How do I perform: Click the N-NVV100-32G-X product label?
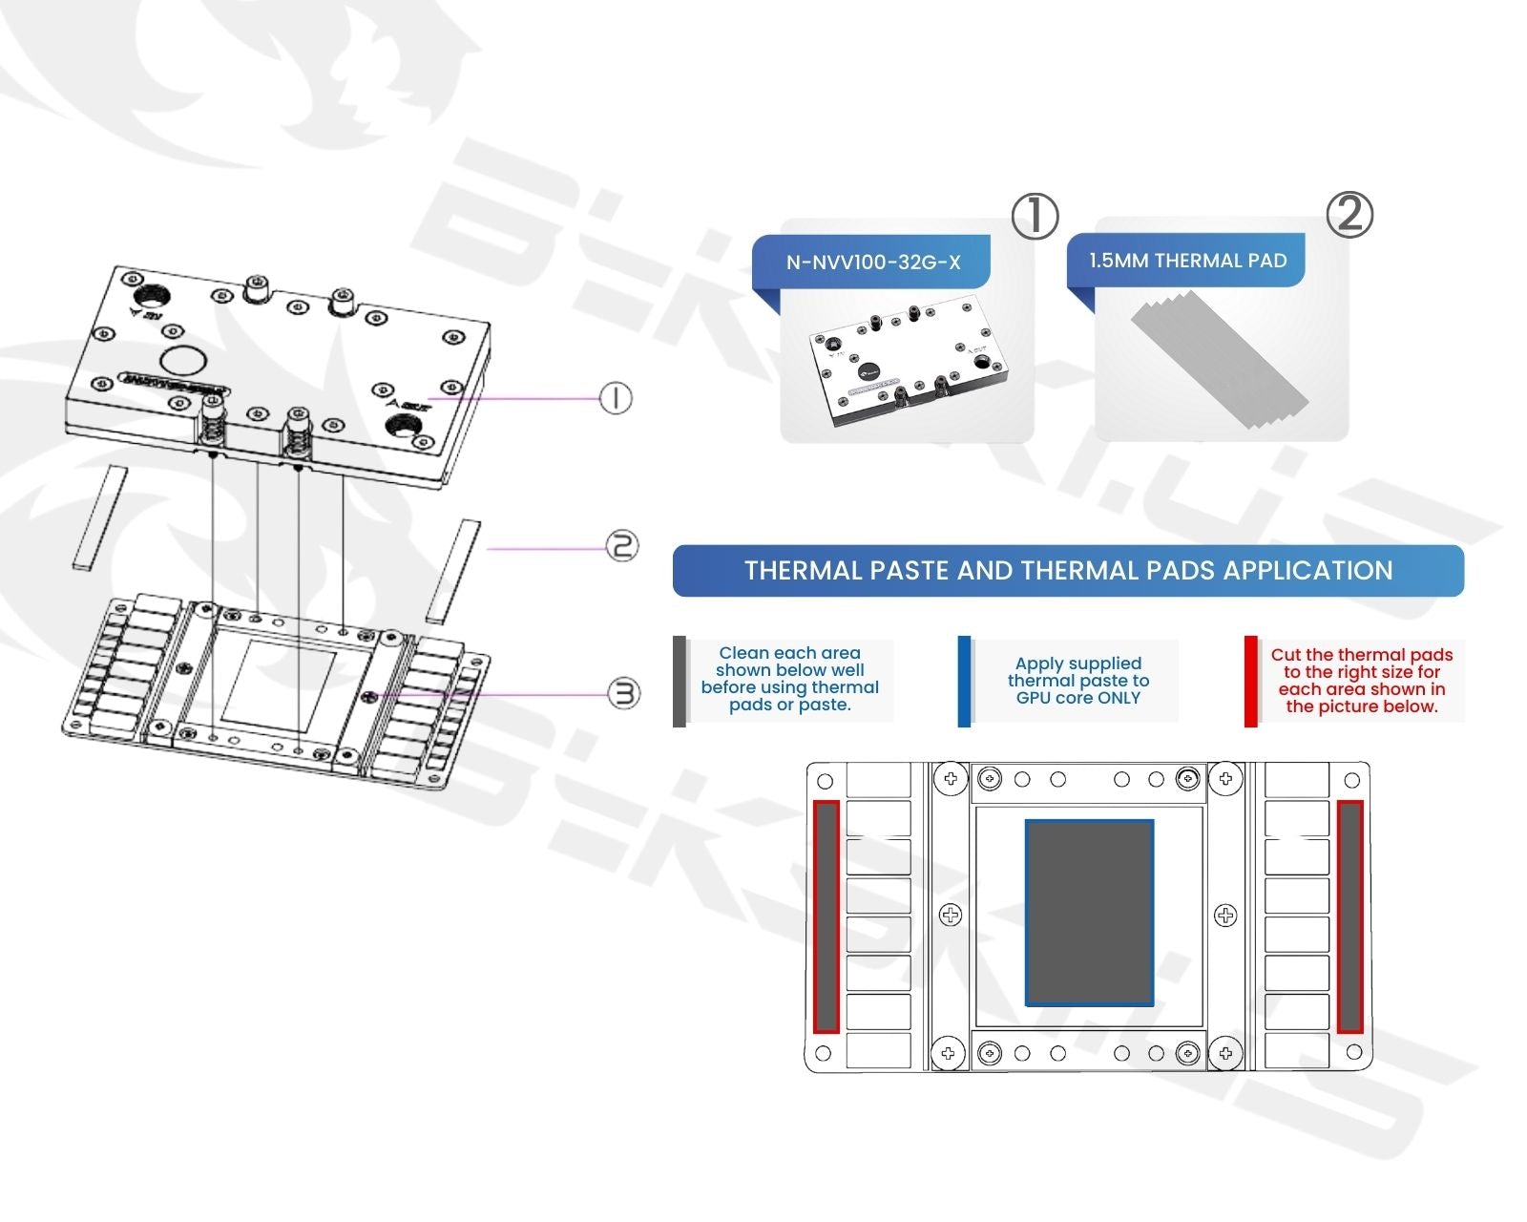872,263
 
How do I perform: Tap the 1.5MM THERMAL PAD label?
1187,261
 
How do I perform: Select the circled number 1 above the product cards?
1035,216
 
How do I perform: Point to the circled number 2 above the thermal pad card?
1349,214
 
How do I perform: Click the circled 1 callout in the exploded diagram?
616,397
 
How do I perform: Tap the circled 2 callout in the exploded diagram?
622,546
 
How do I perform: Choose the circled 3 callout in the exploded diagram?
624,693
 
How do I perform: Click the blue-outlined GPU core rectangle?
1089,912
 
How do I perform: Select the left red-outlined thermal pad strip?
826,916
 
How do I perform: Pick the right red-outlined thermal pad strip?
1349,916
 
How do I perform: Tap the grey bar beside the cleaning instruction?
680,681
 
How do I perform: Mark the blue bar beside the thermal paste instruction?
964,681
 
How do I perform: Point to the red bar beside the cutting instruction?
1250,681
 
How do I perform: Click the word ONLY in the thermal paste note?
1119,698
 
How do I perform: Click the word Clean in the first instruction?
743,653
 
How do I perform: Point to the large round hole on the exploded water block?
183,361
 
